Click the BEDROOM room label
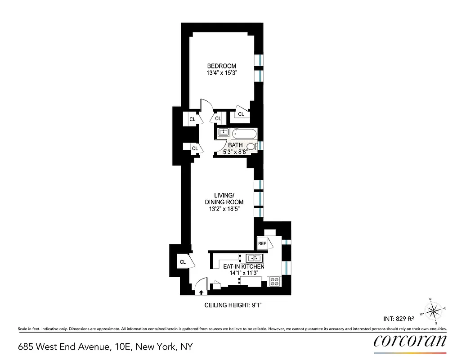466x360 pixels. [224, 66]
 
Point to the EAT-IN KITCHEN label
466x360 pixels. [244, 267]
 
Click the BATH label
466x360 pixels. [235, 145]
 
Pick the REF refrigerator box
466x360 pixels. [262, 243]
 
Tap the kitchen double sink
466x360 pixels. [254, 258]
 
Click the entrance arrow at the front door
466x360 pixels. [201, 292]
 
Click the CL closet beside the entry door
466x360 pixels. [183, 262]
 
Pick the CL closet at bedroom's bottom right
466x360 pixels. [241, 114]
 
